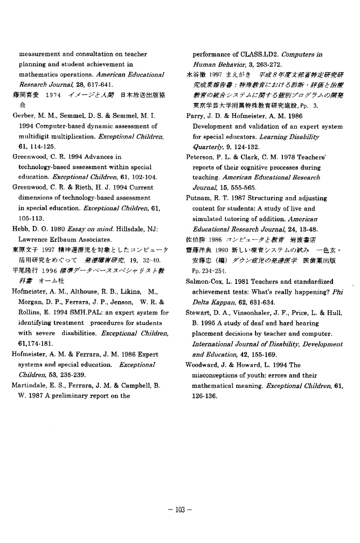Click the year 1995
[x=199, y=323]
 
